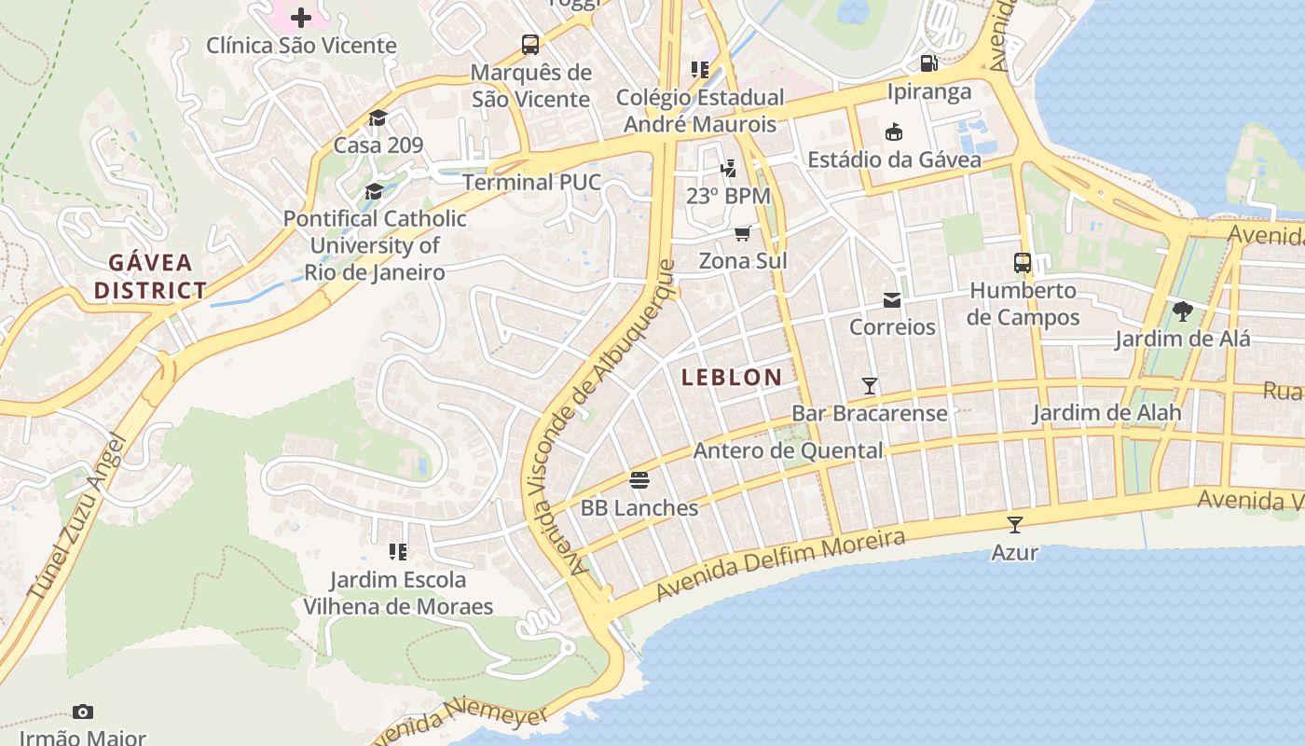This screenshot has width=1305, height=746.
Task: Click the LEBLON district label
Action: click(732, 377)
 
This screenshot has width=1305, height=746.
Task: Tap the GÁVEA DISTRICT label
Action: click(149, 276)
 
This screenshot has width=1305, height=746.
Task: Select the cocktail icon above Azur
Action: click(1014, 525)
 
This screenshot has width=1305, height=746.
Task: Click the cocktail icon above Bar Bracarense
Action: click(870, 386)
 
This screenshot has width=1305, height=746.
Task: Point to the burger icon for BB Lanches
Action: click(639, 480)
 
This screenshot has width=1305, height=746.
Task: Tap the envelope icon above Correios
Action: click(892, 300)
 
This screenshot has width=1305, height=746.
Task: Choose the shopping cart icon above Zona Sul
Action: click(742, 233)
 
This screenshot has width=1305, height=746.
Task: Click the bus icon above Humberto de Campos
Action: click(1023, 263)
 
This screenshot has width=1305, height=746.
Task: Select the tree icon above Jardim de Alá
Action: click(1182, 311)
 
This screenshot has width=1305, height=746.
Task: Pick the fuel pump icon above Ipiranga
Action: click(928, 63)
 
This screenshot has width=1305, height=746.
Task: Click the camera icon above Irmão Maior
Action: click(83, 712)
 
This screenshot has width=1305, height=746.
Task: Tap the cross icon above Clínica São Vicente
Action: click(301, 18)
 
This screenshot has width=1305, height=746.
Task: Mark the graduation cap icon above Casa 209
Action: click(378, 117)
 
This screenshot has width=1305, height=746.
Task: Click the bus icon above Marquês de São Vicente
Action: click(529, 45)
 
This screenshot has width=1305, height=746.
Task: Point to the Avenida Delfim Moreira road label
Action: click(779, 565)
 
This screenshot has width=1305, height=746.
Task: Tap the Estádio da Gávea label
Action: click(894, 159)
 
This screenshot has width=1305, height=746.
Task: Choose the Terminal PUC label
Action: click(531, 182)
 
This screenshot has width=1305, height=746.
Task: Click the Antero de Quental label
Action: click(788, 450)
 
